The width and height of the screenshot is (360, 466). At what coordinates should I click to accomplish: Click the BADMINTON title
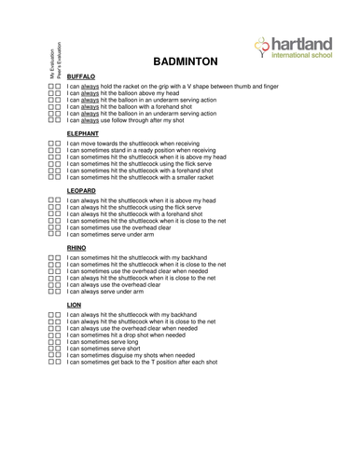click(184, 61)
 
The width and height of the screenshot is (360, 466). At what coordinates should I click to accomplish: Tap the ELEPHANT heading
click(85, 133)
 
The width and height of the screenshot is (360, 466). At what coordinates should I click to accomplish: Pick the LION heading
click(75, 304)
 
